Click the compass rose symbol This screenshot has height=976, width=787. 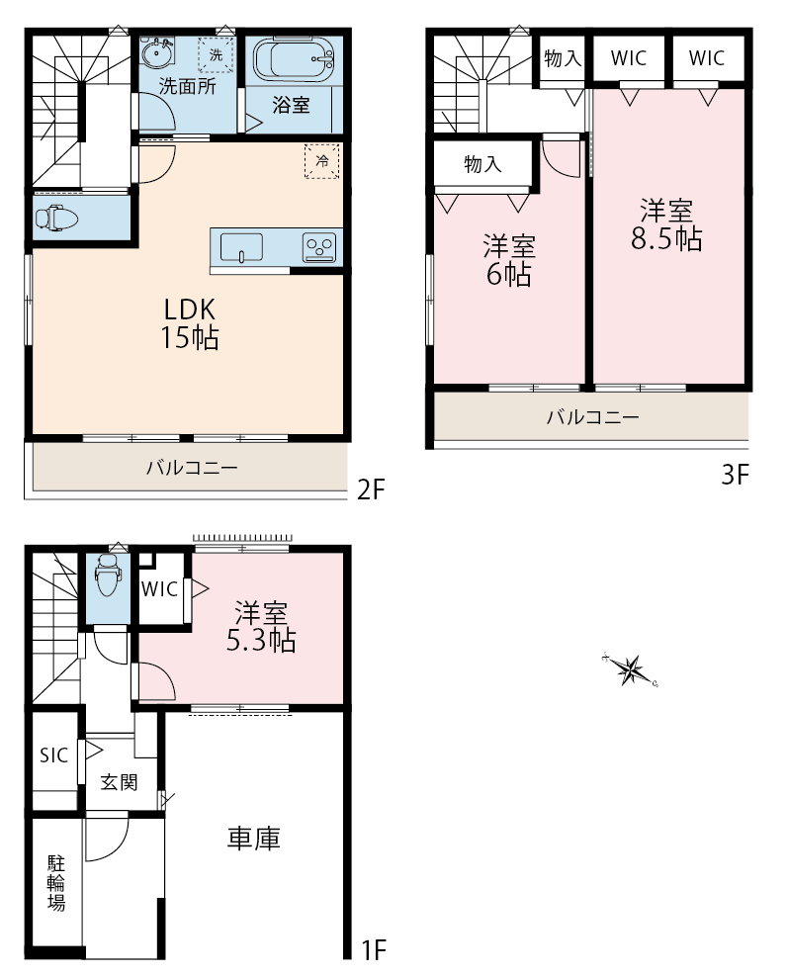tap(631, 669)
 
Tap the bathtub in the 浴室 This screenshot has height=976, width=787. tap(294, 60)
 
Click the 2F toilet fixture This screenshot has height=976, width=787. tap(56, 219)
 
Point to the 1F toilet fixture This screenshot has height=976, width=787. tap(108, 574)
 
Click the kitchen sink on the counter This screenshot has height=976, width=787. tap(241, 248)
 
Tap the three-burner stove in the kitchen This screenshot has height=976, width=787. tap(318, 247)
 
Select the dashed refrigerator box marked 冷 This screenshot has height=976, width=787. tap(321, 161)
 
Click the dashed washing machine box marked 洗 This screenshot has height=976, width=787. tap(216, 54)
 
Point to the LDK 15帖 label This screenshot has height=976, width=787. tap(190, 323)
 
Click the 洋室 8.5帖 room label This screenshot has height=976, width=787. tap(666, 224)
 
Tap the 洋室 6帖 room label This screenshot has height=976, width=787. tap(509, 260)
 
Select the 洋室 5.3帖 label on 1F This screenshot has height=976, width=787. tap(261, 627)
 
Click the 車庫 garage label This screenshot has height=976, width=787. tap(254, 839)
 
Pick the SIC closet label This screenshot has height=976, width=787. tap(53, 755)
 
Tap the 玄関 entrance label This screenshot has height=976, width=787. tap(119, 782)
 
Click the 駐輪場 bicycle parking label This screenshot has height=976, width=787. tap(56, 883)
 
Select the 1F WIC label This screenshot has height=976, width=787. tap(160, 588)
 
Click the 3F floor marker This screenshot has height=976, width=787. tap(735, 475)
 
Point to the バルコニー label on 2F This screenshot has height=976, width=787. tap(192, 468)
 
